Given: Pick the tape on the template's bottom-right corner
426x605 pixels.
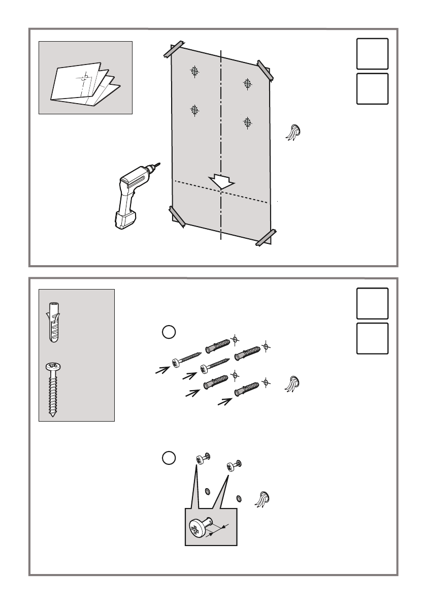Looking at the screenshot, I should [265, 237].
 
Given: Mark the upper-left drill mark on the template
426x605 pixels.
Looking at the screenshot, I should [194, 72].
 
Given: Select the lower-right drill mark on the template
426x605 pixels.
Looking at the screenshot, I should [247, 122].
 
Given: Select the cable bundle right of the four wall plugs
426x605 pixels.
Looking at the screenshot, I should [293, 384].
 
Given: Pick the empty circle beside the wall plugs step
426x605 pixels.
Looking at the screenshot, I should [169, 332].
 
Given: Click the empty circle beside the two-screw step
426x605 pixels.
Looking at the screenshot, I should [169, 457].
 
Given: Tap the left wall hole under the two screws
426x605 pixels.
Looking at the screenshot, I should [207, 491].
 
